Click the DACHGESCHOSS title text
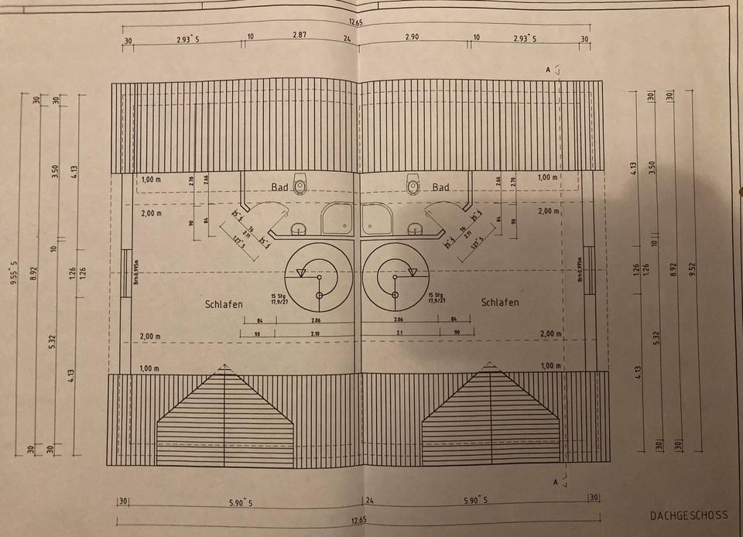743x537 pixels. tap(690, 515)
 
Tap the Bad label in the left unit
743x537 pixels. tap(279, 187)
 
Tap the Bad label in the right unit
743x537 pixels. tap(440, 187)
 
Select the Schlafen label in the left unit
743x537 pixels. tap(224, 304)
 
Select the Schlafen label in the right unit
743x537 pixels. tap(500, 302)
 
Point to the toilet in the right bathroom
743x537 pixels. tap(414, 186)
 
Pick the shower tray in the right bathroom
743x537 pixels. tap(379, 219)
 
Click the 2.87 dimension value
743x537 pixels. tap(300, 36)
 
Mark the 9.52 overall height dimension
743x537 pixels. tap(694, 271)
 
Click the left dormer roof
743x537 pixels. tap(225, 422)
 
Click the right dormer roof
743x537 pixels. tap(491, 422)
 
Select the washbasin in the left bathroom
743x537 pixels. tap(298, 229)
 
